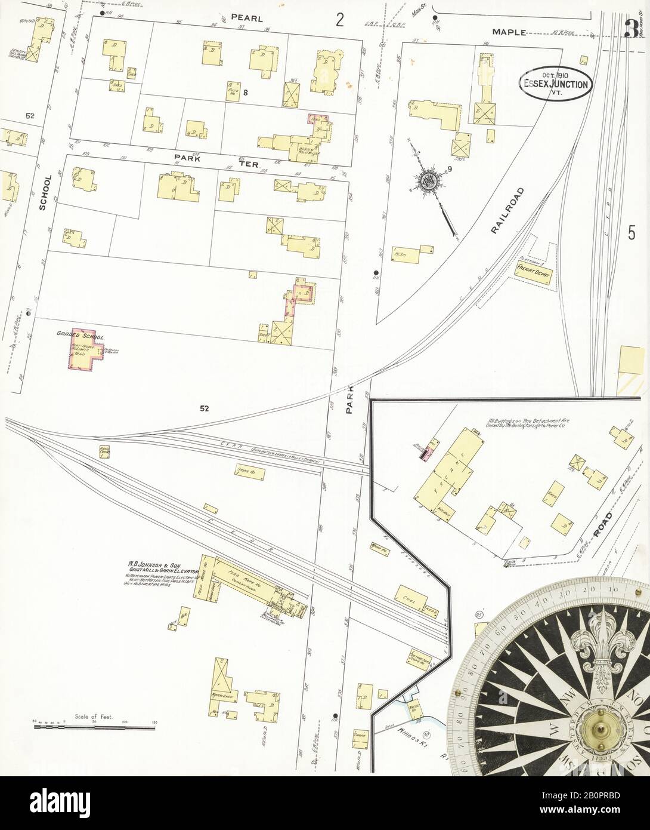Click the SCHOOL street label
tap(43, 192)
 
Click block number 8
tap(245, 92)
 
